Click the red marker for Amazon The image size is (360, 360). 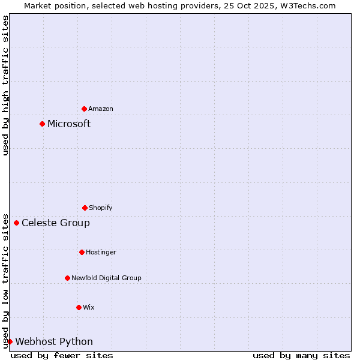[84, 109]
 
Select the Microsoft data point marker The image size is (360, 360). [42, 124]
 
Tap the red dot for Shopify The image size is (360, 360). [85, 208]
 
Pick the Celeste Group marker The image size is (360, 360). [16, 223]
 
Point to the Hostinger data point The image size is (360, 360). [82, 252]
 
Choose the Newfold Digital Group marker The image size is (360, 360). [67, 278]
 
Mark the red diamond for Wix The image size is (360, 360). [79, 307]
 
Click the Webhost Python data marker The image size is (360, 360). [10, 342]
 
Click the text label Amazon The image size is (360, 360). [101, 109]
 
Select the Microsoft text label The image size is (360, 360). [69, 124]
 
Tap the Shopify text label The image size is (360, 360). [101, 208]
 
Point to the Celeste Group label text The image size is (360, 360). [56, 223]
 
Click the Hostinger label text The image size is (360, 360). [101, 252]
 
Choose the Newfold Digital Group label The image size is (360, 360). [106, 278]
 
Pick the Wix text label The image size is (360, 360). [89, 307]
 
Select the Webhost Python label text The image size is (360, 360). [54, 342]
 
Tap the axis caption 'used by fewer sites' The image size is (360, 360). [62, 355]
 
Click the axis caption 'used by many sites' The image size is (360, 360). [301, 355]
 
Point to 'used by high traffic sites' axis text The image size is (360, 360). [5, 85]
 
